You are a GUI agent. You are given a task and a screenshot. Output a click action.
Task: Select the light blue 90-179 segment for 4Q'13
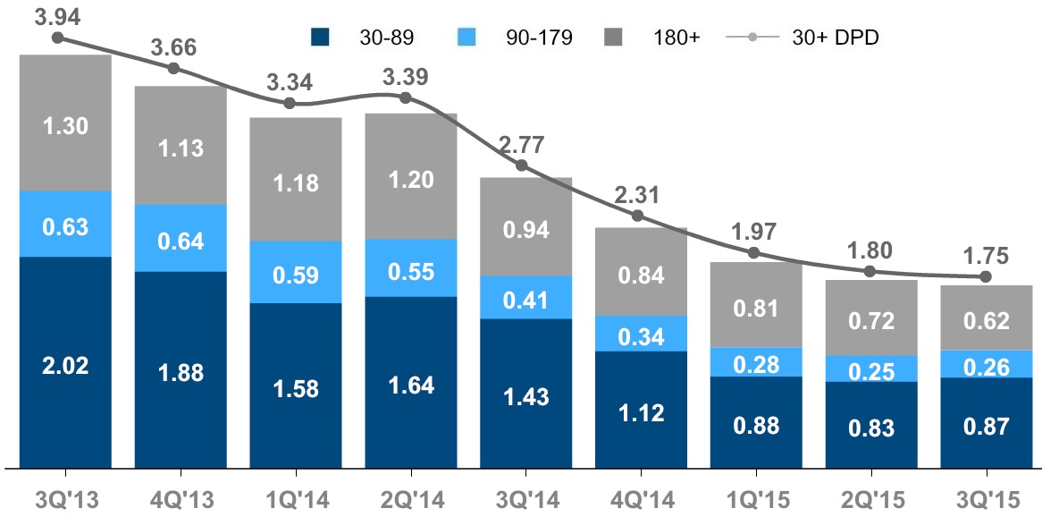click(181, 238)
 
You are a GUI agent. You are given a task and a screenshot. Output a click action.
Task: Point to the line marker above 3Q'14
click(523, 166)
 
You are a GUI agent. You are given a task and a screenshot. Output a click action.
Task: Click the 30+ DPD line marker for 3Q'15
click(986, 276)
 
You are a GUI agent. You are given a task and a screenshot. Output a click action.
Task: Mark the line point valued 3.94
click(58, 38)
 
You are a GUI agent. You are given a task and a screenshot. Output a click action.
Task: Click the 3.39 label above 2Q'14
click(407, 75)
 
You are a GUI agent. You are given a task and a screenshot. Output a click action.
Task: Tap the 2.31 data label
click(637, 194)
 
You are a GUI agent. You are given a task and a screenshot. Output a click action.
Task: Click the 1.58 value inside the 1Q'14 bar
click(296, 389)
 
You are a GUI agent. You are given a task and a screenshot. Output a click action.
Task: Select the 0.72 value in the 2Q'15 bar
click(870, 318)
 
